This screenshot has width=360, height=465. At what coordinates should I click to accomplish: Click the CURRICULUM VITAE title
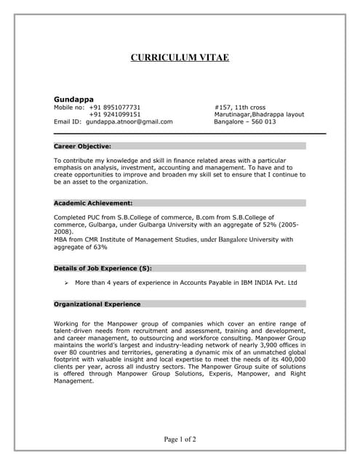click(x=180, y=57)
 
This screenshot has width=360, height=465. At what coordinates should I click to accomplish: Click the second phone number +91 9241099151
click(x=115, y=114)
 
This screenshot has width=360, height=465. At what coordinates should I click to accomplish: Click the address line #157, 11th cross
click(x=241, y=106)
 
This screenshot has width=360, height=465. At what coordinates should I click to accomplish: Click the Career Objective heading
click(x=82, y=146)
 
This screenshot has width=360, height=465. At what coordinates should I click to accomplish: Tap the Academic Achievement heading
click(x=93, y=203)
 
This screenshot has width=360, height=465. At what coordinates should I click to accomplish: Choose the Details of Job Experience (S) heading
click(x=103, y=268)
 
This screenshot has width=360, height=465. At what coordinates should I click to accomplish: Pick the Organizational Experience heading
click(x=97, y=304)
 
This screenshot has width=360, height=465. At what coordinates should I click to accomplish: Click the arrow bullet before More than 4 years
click(x=66, y=283)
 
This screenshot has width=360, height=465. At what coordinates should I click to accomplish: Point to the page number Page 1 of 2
click(x=180, y=439)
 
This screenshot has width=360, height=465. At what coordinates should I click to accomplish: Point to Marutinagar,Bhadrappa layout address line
click(x=259, y=114)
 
